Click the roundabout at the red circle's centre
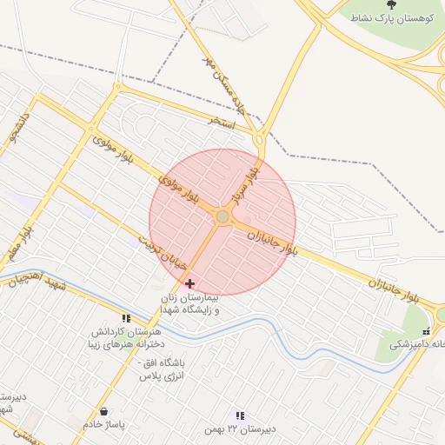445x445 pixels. pyautogui.click(x=222, y=216)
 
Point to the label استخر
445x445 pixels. pyautogui.click(x=222, y=123)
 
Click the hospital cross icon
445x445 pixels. pyautogui.click(x=190, y=284)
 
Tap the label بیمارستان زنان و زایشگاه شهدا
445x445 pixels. pyautogui.click(x=190, y=304)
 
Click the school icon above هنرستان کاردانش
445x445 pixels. pyautogui.click(x=126, y=319)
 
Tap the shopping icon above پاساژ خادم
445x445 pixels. pyautogui.click(x=104, y=411)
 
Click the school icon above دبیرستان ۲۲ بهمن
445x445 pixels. pyautogui.click(x=240, y=416)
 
